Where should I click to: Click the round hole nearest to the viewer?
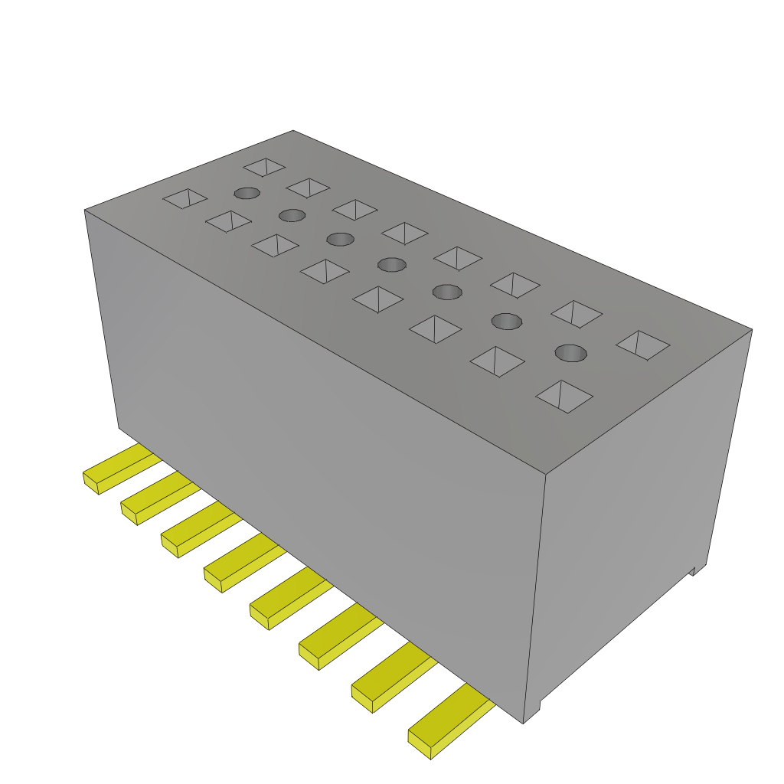tap(570, 353)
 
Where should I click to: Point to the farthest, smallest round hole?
tap(247, 193)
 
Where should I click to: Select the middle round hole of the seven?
tap(391, 265)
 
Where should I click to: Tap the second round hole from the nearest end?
tap(505, 321)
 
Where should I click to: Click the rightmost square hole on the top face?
tap(642, 345)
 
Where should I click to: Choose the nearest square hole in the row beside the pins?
tap(564, 397)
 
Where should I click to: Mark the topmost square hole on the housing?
tap(264, 166)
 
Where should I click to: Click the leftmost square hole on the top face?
tap(185, 199)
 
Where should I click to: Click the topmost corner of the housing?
tap(293, 131)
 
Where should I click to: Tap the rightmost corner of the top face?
tap(751, 330)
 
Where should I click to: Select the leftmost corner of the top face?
tap(85, 210)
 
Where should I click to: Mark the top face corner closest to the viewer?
tap(544, 474)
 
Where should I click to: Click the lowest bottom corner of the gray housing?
tap(524, 723)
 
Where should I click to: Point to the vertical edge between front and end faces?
tap(534, 597)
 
